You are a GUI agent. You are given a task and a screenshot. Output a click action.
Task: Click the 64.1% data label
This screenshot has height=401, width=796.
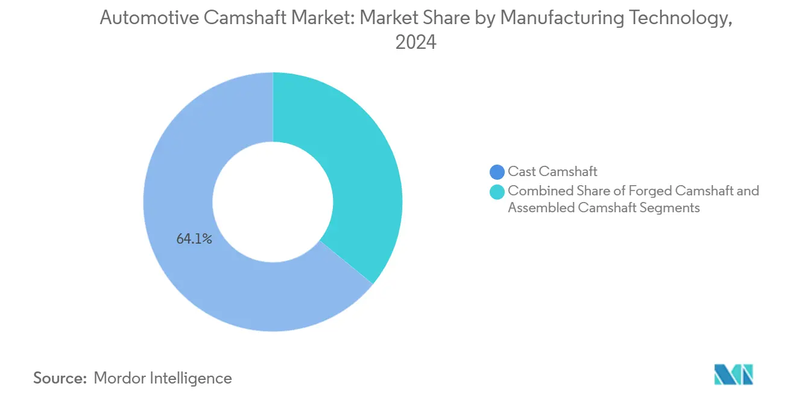click(x=194, y=239)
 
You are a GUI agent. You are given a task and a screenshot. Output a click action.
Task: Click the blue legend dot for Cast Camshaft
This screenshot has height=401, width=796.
click(x=497, y=172)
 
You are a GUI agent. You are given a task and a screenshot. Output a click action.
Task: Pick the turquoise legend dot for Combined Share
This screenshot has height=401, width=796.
click(x=497, y=192)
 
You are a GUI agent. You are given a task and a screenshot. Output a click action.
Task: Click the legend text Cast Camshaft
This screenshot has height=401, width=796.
click(x=552, y=172)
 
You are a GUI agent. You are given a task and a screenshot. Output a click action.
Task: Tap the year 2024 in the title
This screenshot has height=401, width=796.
click(x=415, y=43)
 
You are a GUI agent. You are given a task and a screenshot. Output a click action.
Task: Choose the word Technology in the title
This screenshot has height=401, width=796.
click(x=681, y=18)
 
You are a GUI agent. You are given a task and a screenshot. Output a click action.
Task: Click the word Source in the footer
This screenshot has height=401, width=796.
click(x=59, y=378)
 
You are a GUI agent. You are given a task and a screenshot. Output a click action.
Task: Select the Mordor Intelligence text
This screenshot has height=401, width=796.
click(x=163, y=378)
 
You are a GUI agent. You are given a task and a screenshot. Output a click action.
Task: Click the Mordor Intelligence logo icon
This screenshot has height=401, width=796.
click(x=733, y=374)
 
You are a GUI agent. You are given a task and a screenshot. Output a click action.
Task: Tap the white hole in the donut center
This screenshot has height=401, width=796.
click(x=273, y=201)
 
